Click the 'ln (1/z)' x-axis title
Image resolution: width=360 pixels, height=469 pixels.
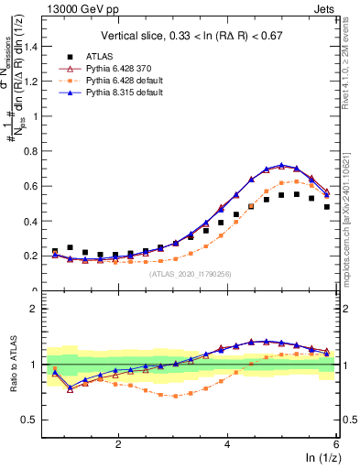coord(320,457)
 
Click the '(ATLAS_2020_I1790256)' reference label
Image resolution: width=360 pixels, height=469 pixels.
coord(191,272)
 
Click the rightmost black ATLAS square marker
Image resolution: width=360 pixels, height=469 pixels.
coord(326,207)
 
